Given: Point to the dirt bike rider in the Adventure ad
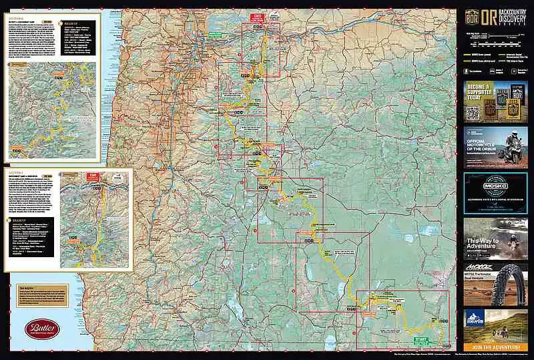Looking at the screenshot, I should [515, 237].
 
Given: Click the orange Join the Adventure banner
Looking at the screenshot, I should [495, 346].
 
